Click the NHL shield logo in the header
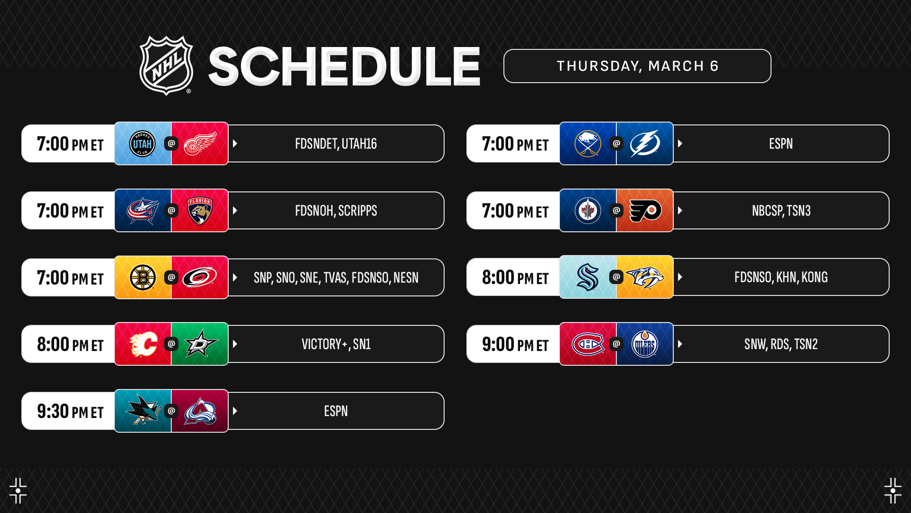[166, 66]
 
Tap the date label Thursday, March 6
[637, 66]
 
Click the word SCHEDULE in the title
[344, 66]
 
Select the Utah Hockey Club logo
[142, 143]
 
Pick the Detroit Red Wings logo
[200, 143]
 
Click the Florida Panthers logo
[200, 210]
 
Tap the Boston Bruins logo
[142, 277]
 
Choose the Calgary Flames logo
[143, 344]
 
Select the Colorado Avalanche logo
[200, 411]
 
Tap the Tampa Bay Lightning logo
[645, 143]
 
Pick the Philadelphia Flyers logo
[645, 210]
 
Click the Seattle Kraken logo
[587, 277]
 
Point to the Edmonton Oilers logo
[645, 344]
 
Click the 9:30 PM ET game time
[70, 411]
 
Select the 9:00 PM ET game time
[515, 344]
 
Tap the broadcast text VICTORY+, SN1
[336, 344]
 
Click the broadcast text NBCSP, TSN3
[781, 211]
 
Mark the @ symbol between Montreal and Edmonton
[616, 344]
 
